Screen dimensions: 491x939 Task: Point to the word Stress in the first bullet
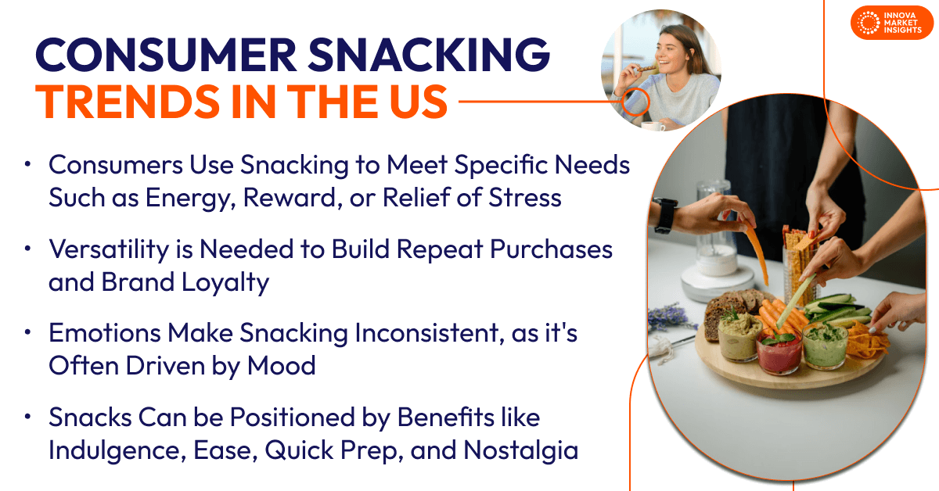click(x=523, y=198)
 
